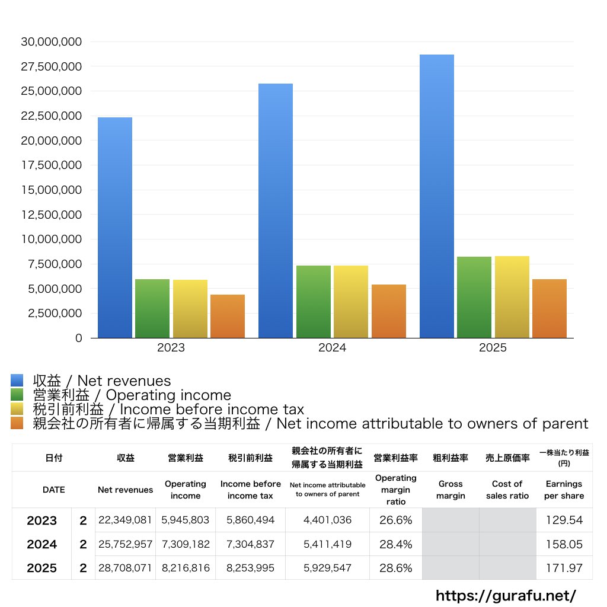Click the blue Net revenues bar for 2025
437,196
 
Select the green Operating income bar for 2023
152,308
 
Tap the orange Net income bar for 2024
389,311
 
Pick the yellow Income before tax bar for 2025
512,296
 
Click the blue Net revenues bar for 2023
115,228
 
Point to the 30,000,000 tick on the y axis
52,41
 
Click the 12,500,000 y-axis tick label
52,215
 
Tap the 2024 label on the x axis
332,348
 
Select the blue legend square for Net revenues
17,381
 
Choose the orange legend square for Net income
17,423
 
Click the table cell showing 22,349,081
125,520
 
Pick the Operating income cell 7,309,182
186,544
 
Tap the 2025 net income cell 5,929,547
327,568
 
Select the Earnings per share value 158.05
564,544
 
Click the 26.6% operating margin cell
395,520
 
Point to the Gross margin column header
451,490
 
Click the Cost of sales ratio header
507,490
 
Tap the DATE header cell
53,490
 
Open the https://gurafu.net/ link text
506,595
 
